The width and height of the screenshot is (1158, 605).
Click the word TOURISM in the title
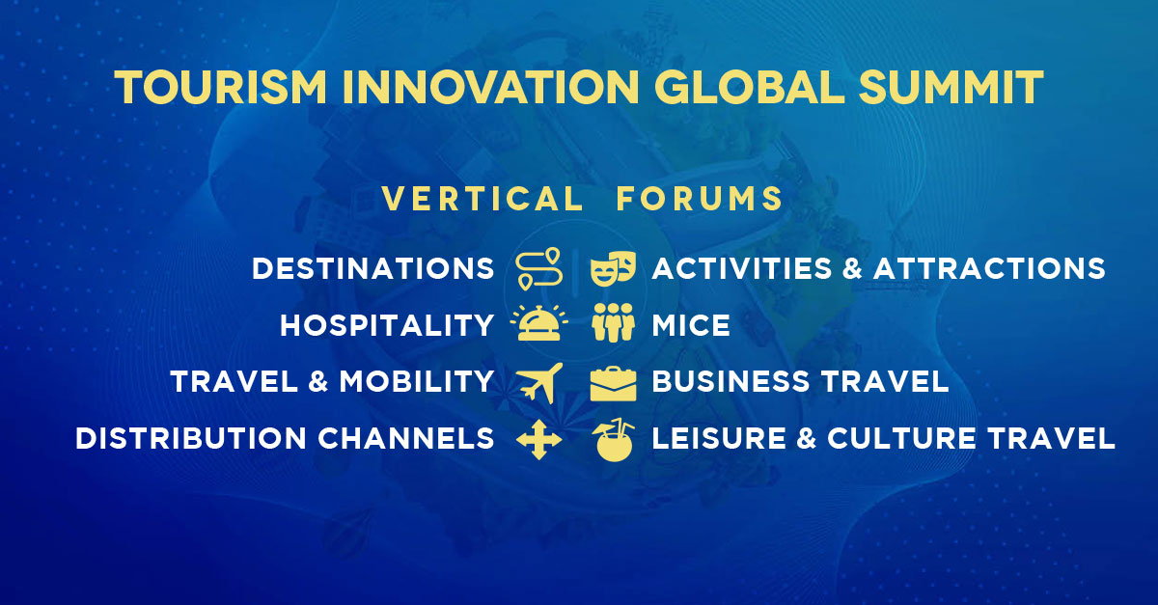pos(221,87)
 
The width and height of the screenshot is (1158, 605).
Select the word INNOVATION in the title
pos(490,87)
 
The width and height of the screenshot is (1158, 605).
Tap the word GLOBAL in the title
pos(750,87)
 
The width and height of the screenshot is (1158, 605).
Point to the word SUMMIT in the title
pos(951,87)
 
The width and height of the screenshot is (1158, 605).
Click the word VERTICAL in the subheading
pos(482,199)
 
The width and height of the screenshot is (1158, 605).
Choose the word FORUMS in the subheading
pos(700,199)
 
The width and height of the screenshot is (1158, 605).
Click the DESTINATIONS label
pos(372,269)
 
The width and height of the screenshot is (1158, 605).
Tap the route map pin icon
pos(539,268)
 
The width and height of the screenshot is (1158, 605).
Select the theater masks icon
pos(613,268)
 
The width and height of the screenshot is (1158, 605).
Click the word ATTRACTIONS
pos(989,269)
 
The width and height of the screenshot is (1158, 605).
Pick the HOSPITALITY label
pos(387,325)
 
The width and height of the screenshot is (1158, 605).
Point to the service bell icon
pos(539,322)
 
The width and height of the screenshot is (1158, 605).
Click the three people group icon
pos(613,322)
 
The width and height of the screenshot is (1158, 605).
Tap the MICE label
pos(691,325)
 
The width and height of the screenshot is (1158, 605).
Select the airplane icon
pos(540,383)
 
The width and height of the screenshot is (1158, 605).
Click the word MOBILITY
pos(416,381)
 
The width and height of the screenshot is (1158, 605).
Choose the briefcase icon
pos(613,384)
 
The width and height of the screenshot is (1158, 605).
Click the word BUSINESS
pos(731,381)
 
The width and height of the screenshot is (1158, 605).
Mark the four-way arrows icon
pos(539,440)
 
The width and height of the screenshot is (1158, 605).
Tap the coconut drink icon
pos(613,440)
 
